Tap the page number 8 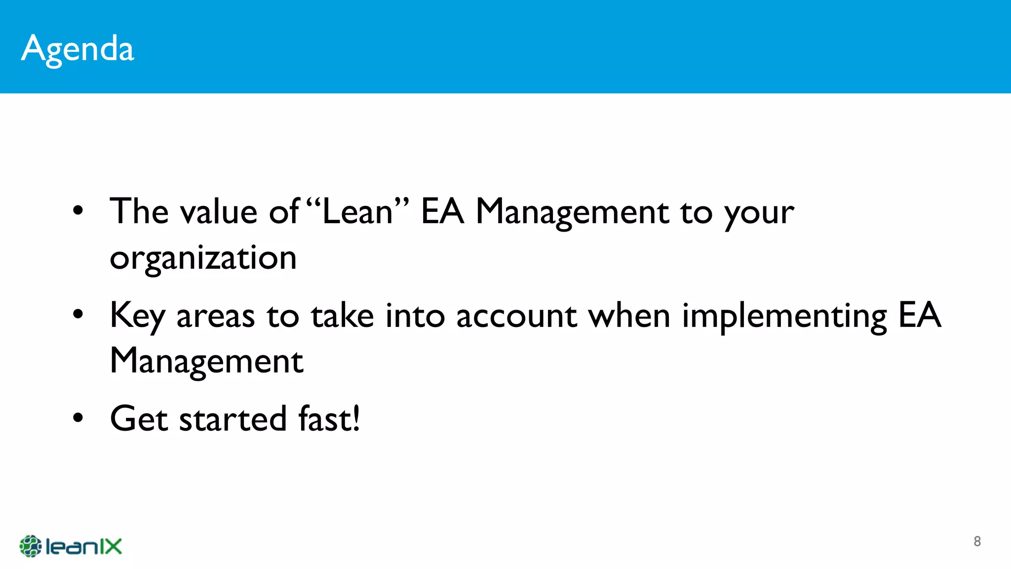(977, 541)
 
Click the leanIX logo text (83, 547)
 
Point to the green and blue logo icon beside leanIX (30, 546)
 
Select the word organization (203, 258)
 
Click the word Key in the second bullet (137, 316)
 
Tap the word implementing (784, 317)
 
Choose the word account (516, 316)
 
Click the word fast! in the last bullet (329, 419)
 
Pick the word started (233, 419)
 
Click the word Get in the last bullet (139, 419)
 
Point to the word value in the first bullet (218, 211)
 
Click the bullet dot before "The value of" (78, 211)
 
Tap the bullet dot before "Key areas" (78, 315)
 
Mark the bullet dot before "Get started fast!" (78, 418)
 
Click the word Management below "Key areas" (206, 362)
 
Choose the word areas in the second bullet (215, 317)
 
